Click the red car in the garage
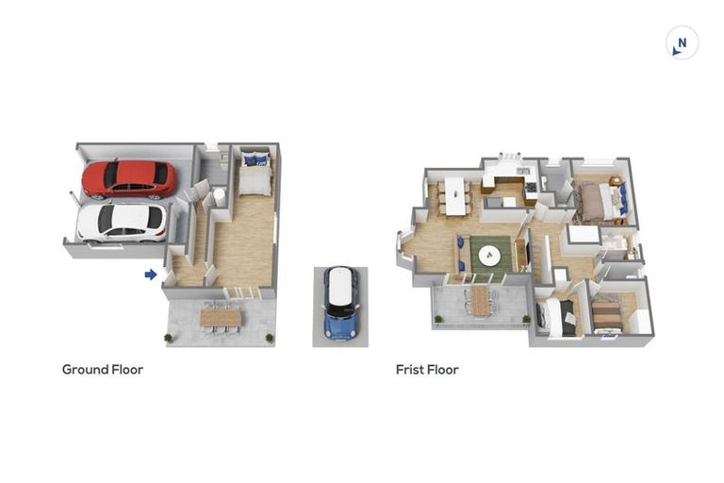128,178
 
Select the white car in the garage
122,222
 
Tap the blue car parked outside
340,302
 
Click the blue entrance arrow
150,275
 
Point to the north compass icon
682,42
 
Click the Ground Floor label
103,370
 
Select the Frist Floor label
427,370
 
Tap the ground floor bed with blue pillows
254,174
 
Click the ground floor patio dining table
221,318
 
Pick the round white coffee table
490,255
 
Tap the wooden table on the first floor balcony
480,300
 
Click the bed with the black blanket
559,317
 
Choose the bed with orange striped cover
607,313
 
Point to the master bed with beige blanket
597,200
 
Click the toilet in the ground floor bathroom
218,195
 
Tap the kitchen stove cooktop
532,188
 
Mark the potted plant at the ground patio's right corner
271,337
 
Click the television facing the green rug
521,253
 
